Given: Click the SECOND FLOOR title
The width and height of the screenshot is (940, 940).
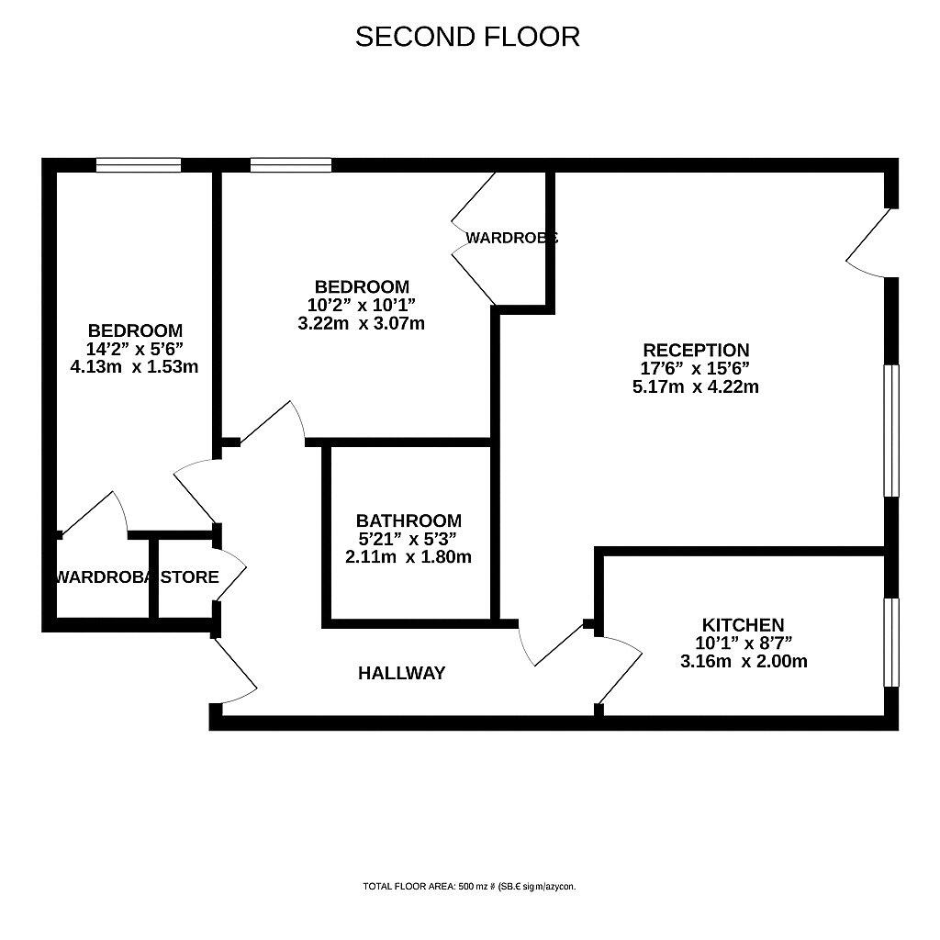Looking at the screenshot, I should (467, 37).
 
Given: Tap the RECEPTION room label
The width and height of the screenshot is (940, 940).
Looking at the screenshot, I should (696, 350).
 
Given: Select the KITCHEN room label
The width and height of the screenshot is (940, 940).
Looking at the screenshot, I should (744, 625).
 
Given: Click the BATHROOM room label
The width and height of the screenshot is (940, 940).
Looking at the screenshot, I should (408, 520).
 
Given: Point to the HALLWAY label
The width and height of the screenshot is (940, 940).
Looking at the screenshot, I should (401, 673).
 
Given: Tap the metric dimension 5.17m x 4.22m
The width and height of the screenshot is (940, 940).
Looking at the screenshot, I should (696, 386).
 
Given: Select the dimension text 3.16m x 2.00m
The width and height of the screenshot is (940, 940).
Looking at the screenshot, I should (744, 661).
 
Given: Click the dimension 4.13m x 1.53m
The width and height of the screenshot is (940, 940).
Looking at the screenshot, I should (134, 366).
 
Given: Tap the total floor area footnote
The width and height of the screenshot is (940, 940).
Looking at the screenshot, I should (469, 887).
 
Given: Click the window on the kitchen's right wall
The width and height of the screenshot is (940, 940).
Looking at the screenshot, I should (889, 643).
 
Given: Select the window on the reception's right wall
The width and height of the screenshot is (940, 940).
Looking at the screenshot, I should (890, 431).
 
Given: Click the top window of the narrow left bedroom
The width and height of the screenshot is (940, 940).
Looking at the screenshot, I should (139, 165).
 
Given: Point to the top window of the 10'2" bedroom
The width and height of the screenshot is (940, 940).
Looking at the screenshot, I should (291, 165).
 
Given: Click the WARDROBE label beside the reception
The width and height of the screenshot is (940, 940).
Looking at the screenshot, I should (511, 238).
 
